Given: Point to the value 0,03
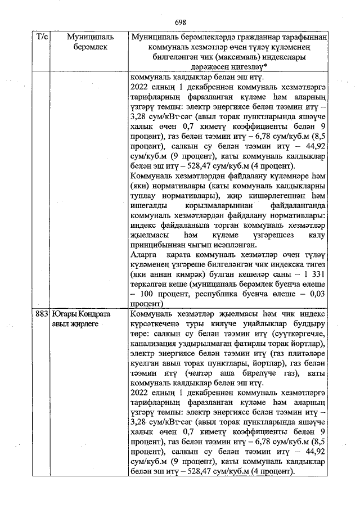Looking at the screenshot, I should pyautogui.click(x=317, y=294).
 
